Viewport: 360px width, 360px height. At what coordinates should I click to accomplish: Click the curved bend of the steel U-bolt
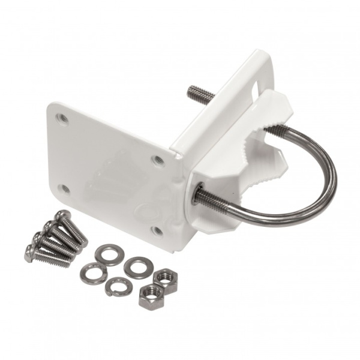tap(329, 180)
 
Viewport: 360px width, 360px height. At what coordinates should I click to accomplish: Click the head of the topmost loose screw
tap(60, 216)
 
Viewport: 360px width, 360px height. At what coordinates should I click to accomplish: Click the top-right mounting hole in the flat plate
tap(157, 160)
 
